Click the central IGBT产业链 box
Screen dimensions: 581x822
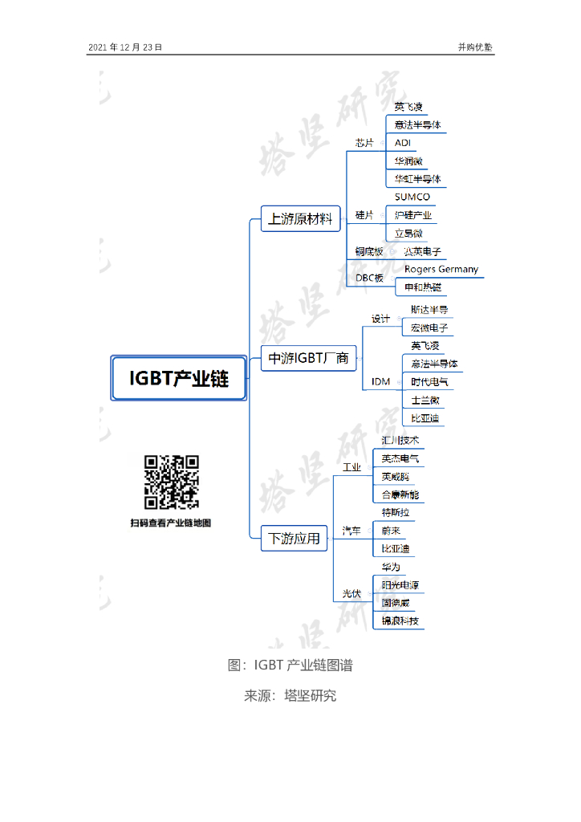[x=178, y=378]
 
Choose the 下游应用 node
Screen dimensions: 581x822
[x=294, y=538]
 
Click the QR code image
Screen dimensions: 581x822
[x=171, y=482]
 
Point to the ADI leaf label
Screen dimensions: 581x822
[x=403, y=143]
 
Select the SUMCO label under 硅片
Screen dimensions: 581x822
[x=412, y=197]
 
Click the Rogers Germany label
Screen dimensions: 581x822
[x=441, y=269]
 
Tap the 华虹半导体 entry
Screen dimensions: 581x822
[x=417, y=179]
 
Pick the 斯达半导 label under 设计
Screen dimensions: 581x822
[x=429, y=310]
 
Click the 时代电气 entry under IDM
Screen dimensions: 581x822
[x=430, y=382]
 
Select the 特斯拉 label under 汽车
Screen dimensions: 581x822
[x=400, y=513]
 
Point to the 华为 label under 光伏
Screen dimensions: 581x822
[x=391, y=568]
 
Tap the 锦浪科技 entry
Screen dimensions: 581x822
[x=400, y=621]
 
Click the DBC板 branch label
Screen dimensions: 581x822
[x=369, y=279]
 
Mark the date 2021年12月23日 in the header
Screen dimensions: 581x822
[x=125, y=47]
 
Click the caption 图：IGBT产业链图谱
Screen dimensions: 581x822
[x=290, y=665]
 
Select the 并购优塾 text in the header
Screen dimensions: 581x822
[x=475, y=47]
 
